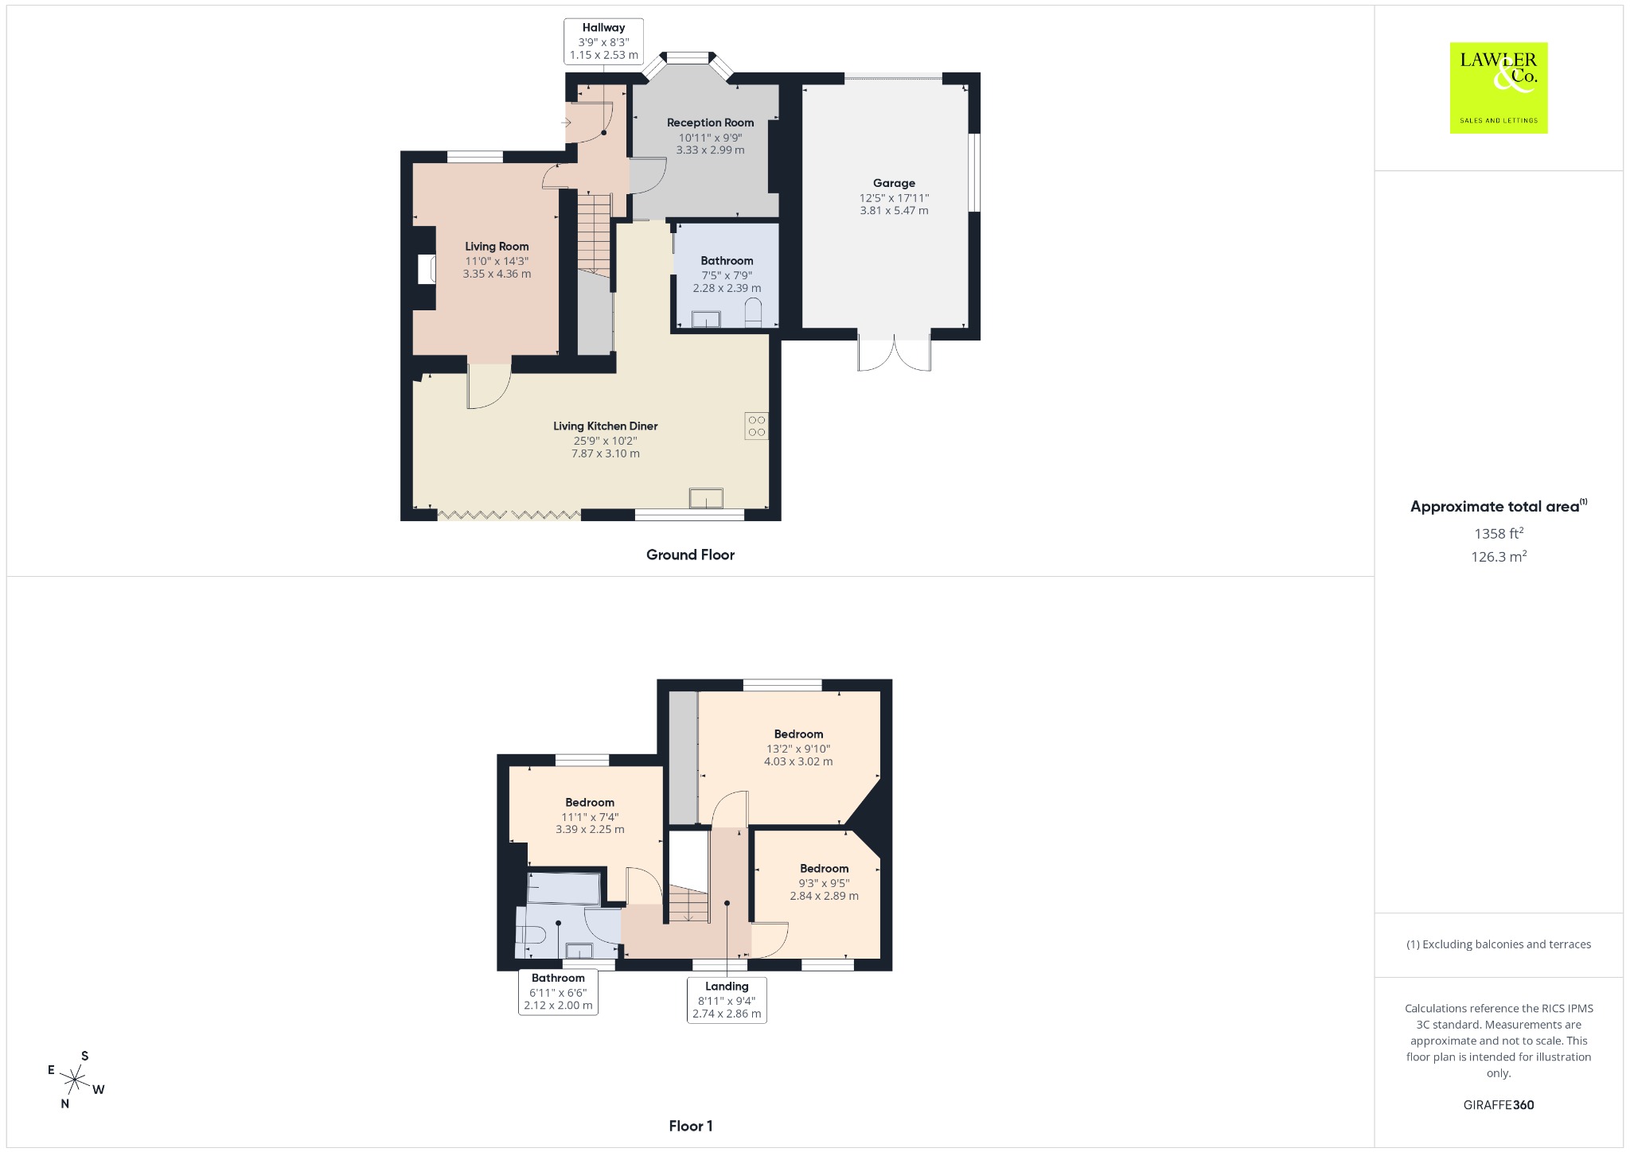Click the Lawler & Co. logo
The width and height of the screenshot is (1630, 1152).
click(1498, 88)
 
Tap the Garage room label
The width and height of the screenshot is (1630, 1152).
click(894, 183)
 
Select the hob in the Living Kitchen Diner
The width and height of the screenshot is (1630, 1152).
click(757, 426)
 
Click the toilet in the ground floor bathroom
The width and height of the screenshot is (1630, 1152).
click(753, 313)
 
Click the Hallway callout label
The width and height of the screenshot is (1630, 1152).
click(604, 41)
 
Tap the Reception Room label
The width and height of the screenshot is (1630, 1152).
click(711, 123)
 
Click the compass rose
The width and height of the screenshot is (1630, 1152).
click(76, 1080)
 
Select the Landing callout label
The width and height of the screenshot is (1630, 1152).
click(727, 1000)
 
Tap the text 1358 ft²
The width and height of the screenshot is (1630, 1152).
click(1499, 533)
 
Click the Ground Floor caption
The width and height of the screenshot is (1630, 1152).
click(690, 555)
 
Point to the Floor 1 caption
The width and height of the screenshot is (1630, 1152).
click(691, 1126)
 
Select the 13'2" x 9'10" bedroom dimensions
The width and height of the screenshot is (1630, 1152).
click(798, 749)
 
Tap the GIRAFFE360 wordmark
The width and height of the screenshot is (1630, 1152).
click(1499, 1104)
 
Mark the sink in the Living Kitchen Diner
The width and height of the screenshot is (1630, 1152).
click(707, 498)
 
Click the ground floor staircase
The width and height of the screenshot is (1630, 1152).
click(594, 235)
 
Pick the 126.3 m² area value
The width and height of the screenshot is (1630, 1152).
click(1499, 556)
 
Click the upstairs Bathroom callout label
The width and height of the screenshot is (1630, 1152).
click(558, 992)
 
